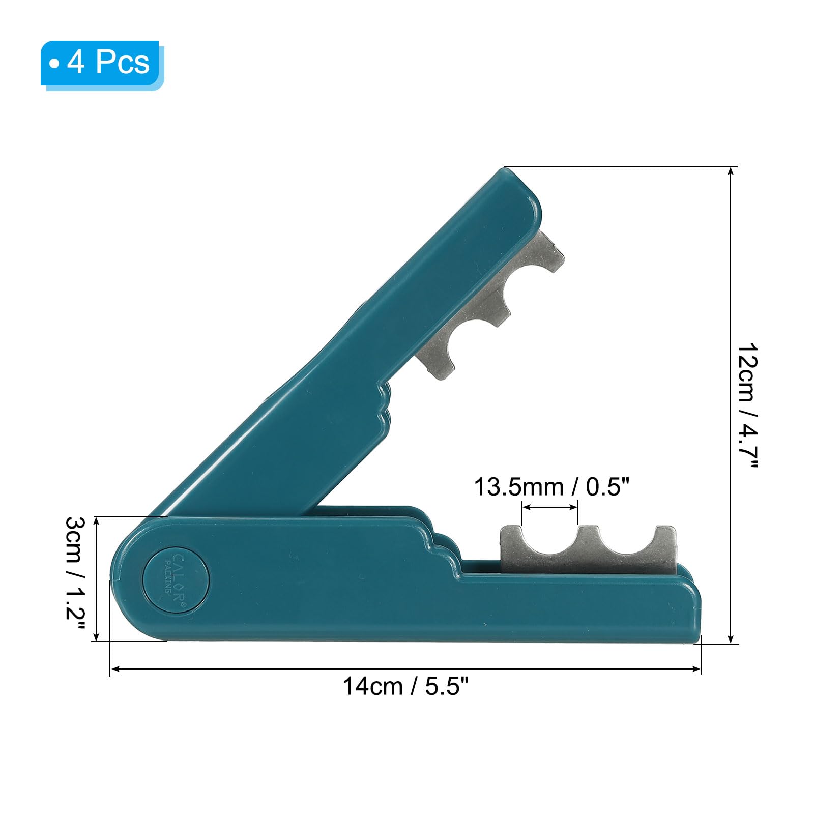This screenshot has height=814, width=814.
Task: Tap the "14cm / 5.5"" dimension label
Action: click(x=405, y=686)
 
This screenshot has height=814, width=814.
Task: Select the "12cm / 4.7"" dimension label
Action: click(x=748, y=405)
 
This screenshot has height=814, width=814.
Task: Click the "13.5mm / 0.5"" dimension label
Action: click(x=551, y=487)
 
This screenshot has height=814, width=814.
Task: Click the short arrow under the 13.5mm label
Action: click(x=550, y=507)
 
